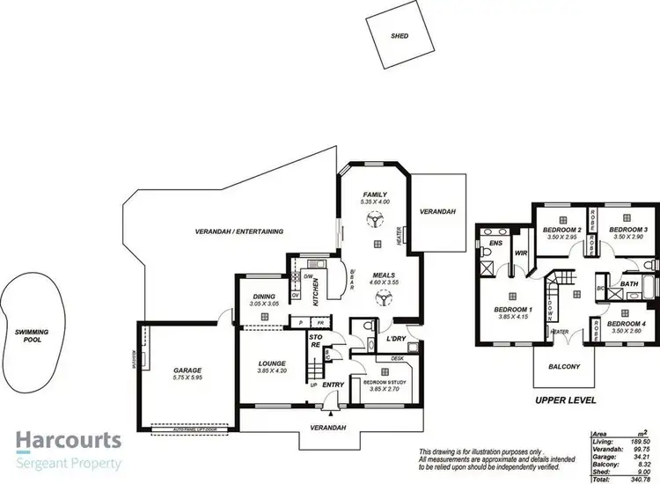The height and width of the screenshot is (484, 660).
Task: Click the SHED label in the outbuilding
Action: (400, 37)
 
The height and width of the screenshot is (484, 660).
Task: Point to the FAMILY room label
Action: (374, 194)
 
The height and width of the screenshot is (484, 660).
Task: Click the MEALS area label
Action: (383, 275)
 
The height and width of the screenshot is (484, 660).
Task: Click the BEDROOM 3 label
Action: (628, 230)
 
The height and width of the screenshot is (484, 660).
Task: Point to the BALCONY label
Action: (562, 367)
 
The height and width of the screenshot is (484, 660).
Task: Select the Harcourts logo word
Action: (70, 441)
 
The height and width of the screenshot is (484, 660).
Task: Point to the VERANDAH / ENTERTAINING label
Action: (239, 231)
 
